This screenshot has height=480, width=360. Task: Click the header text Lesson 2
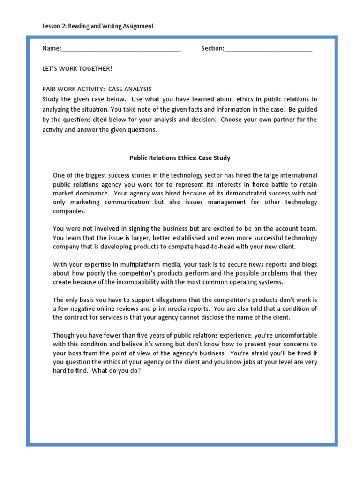(x=54, y=26)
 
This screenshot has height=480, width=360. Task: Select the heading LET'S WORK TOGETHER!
(x=77, y=69)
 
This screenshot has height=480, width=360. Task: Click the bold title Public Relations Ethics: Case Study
(x=180, y=158)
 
